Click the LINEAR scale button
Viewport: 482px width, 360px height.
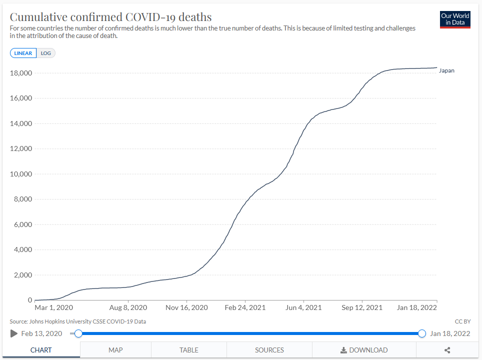[x=23, y=53]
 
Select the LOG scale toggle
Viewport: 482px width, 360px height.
[x=46, y=53]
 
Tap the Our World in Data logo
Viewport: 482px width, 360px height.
[x=455, y=19]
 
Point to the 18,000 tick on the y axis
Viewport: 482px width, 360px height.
[x=21, y=73]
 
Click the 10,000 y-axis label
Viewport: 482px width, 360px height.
[x=21, y=174]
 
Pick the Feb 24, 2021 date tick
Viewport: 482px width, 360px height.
[x=245, y=307]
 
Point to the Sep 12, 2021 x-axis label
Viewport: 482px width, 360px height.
[x=361, y=307]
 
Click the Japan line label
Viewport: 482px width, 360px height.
[x=446, y=70]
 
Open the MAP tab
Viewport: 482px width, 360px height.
[x=115, y=350]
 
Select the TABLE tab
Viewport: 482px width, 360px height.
[x=189, y=350]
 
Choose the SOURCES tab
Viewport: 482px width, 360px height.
[x=269, y=350]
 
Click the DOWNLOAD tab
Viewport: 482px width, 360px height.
[x=364, y=350]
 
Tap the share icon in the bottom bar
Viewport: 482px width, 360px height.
[x=447, y=350]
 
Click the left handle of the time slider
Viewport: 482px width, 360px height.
[x=78, y=333]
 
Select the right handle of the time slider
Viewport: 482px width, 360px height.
[x=421, y=333]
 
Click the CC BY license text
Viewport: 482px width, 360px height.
[x=463, y=321]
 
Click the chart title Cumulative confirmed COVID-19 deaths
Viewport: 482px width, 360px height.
[x=110, y=17]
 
